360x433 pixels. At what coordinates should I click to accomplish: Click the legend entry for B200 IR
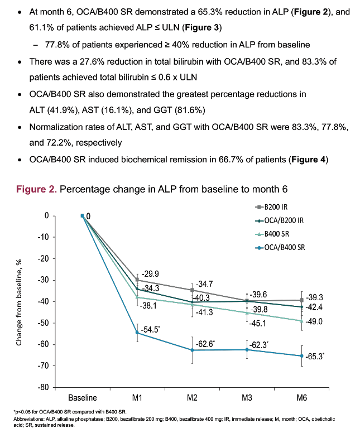(x=271, y=207)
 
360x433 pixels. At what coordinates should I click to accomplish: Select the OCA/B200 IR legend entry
(x=279, y=220)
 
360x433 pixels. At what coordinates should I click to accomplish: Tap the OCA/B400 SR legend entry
(x=280, y=247)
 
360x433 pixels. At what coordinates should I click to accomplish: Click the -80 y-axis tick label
(x=43, y=387)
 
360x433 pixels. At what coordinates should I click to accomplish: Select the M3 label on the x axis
(x=247, y=398)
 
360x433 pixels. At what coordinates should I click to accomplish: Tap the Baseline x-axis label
(x=83, y=398)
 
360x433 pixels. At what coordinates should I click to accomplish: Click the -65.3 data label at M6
(x=315, y=357)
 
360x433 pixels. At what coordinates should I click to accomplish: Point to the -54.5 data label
(x=150, y=330)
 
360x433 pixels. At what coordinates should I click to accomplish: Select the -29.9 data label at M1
(x=150, y=273)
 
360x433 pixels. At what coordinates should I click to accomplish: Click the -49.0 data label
(x=314, y=321)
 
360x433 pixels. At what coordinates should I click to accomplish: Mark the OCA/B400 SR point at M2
(x=192, y=350)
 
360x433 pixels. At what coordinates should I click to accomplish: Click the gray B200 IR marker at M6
(x=302, y=300)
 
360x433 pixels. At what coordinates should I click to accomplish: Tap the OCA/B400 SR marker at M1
(x=137, y=333)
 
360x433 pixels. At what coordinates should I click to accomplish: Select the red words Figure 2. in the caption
(x=36, y=190)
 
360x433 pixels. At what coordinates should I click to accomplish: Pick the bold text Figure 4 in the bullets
(x=308, y=160)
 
